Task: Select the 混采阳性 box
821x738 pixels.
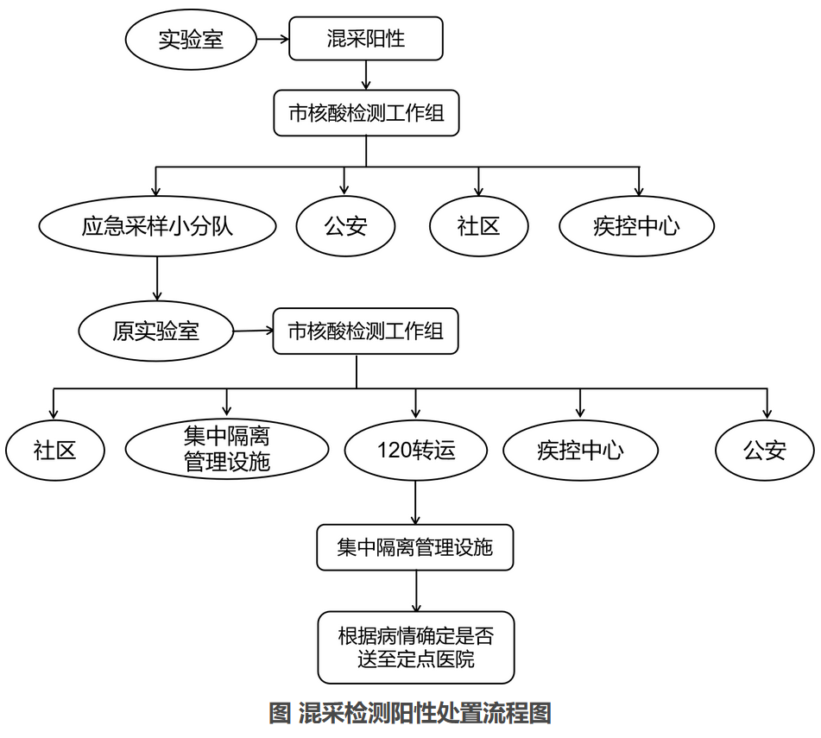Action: point(366,38)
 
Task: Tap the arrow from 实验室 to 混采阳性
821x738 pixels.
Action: point(273,39)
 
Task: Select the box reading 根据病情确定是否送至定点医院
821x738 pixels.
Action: point(416,647)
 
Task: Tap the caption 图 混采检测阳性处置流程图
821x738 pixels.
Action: point(410,713)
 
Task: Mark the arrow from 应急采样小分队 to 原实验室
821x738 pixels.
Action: point(157,279)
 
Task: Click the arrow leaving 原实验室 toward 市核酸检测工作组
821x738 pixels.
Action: point(254,331)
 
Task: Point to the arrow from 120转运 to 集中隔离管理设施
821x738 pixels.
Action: point(416,502)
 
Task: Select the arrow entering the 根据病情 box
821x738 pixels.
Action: point(416,591)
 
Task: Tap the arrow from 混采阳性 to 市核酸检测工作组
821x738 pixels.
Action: point(366,75)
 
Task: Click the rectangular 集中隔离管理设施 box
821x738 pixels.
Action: point(415,547)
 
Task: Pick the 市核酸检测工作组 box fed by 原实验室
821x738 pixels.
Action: point(366,331)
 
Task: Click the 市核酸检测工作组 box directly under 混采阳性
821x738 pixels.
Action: point(367,113)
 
